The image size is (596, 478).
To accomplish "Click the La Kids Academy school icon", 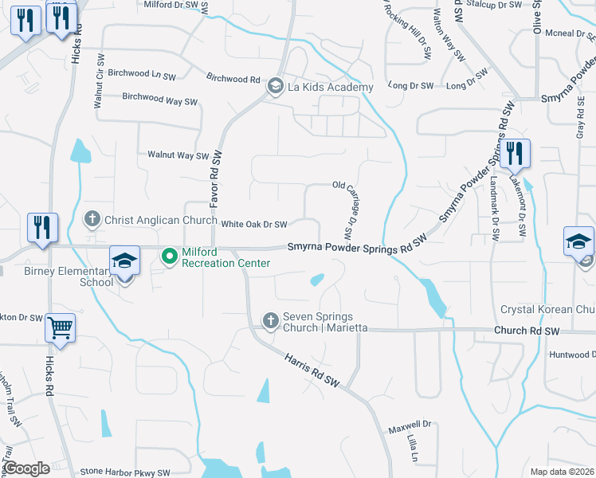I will (x=275, y=86).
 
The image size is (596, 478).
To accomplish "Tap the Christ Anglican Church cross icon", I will (x=92, y=219).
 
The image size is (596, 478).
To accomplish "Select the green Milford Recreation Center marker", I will (x=169, y=257).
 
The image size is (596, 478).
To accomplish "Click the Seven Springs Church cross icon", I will (x=271, y=320).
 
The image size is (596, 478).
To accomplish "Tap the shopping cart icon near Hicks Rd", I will (x=61, y=327).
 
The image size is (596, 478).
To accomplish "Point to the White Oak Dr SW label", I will (x=253, y=225).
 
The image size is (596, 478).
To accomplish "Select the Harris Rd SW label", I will (x=312, y=370).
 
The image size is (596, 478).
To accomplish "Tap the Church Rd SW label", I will (x=522, y=330).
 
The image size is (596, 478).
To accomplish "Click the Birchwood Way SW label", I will (x=159, y=100).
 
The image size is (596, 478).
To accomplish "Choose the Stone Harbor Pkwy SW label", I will (x=125, y=472).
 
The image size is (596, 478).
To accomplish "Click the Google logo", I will (x=27, y=468).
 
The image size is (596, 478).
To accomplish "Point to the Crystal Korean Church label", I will (x=547, y=309).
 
